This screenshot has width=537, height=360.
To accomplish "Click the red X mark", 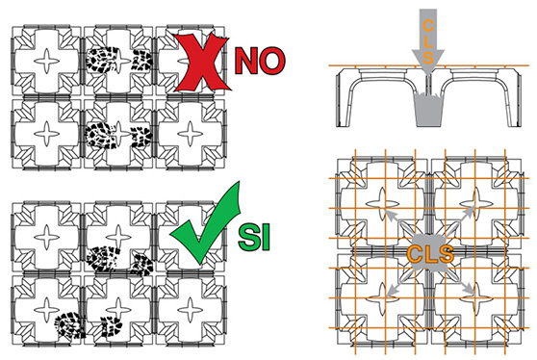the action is point(201,62).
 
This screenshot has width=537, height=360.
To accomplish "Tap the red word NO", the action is point(259,61).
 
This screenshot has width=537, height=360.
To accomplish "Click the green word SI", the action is point(254,237).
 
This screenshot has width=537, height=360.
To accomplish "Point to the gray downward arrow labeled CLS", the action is point(427,41).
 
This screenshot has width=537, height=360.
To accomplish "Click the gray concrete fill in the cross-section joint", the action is point(428,110).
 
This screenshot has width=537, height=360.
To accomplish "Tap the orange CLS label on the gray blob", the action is point(430,254).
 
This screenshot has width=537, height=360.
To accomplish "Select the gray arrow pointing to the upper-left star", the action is point(398,222).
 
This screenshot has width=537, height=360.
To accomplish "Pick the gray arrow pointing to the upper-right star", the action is point(460,221).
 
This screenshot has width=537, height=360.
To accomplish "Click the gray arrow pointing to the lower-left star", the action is point(398,283).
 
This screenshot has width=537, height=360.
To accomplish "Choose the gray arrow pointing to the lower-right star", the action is point(460,283).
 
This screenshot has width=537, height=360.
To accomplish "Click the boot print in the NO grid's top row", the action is point(118,60).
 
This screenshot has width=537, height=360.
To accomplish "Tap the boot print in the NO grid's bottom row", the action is point(118,134).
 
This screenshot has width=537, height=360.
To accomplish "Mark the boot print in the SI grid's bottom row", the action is point(89,324).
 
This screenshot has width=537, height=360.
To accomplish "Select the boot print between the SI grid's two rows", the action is point(119,261).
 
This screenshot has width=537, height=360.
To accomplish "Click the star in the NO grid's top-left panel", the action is point(47,61).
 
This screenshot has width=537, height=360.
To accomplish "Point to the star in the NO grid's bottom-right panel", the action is point(191,134).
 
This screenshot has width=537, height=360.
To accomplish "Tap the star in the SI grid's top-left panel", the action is point(47,237).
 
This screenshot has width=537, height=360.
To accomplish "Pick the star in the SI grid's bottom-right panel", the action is point(191,310).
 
